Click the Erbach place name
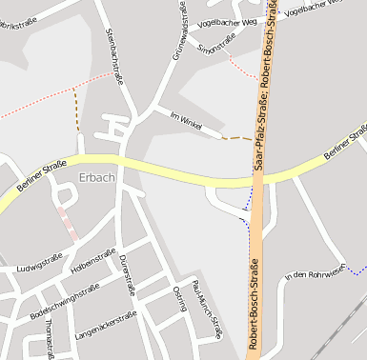tap(98, 178)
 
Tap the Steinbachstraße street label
tap(114, 57)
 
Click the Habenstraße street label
tap(93, 263)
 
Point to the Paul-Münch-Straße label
tap(206, 304)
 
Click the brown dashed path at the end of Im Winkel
tap(238, 138)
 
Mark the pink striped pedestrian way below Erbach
tap(68, 223)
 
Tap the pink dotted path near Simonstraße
tap(243, 67)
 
